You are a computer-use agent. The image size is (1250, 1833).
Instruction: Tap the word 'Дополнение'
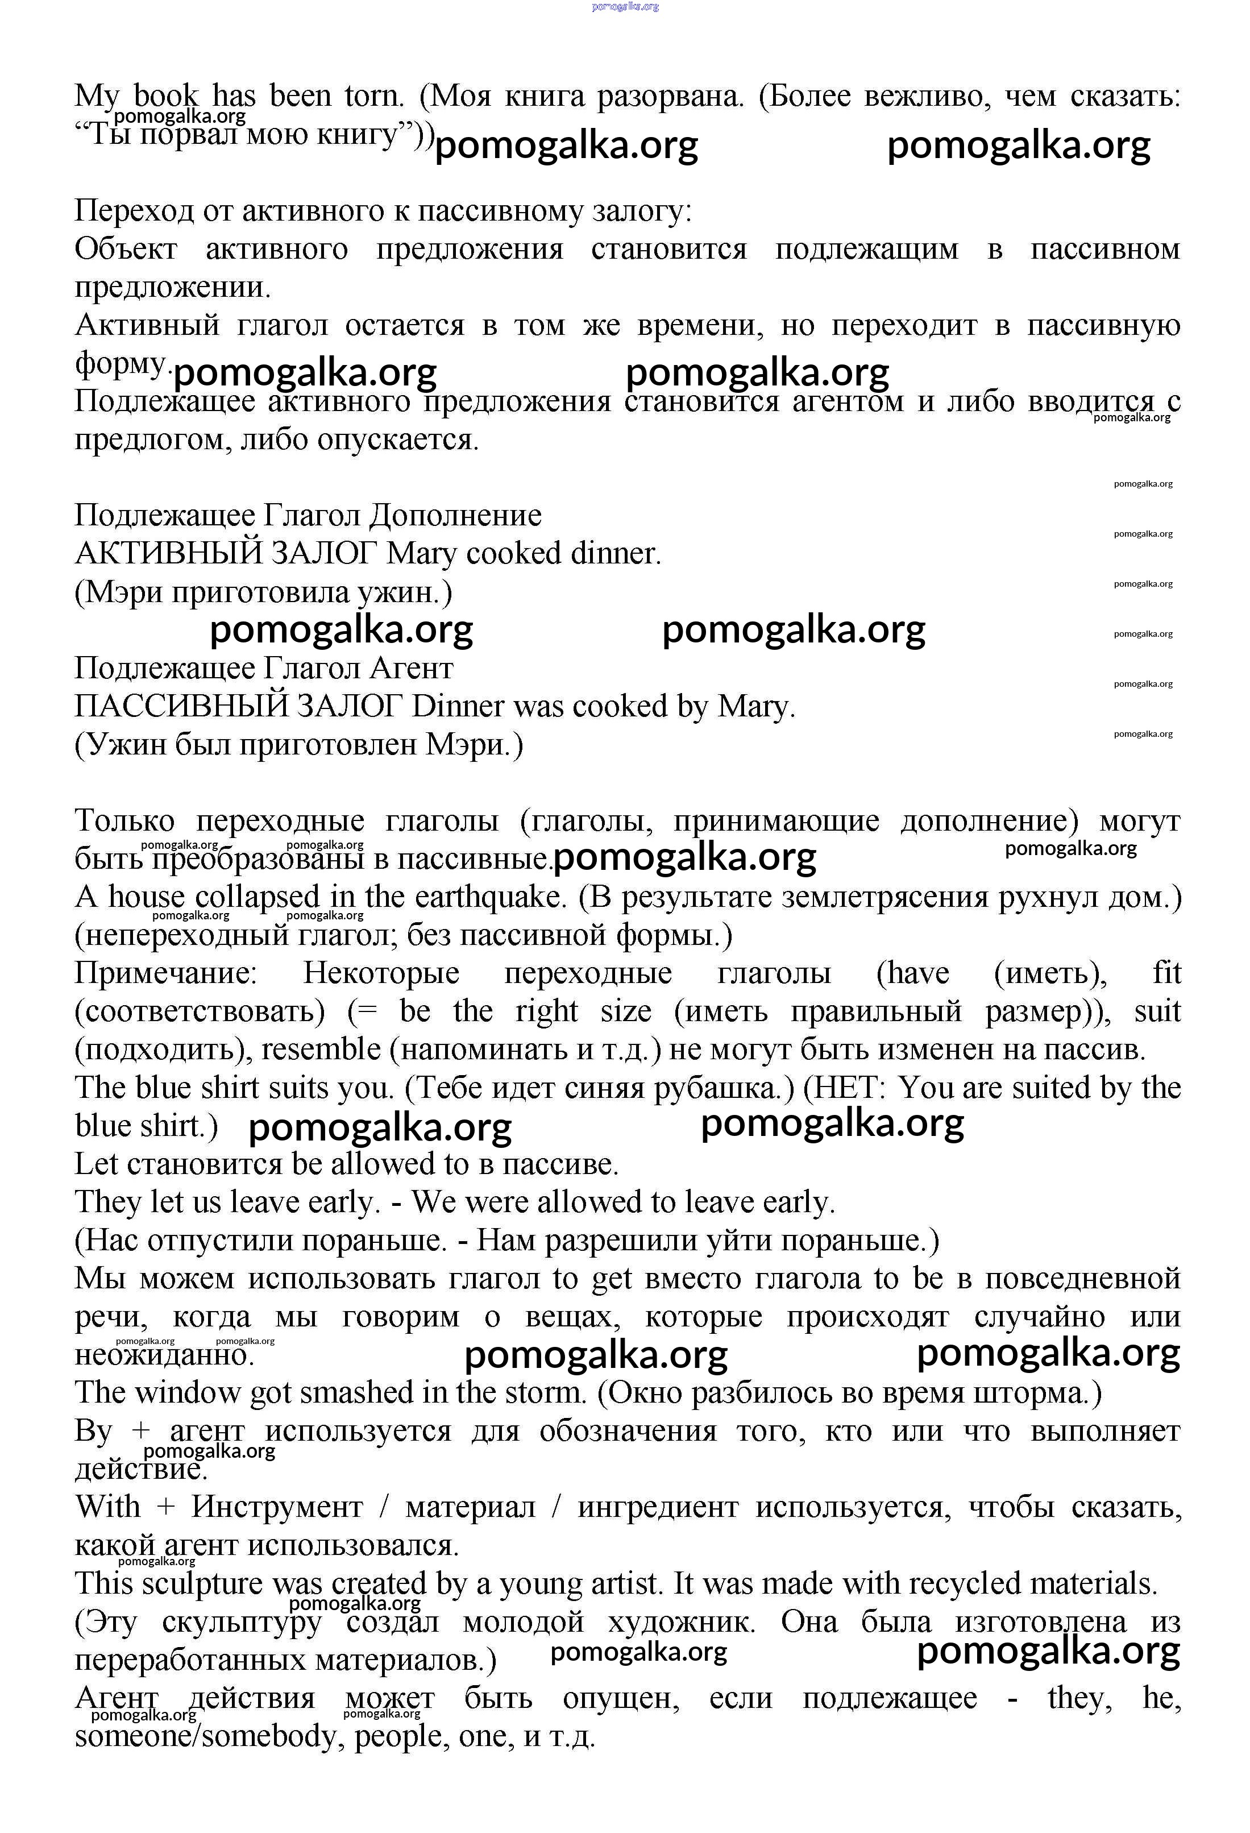tap(456, 516)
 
